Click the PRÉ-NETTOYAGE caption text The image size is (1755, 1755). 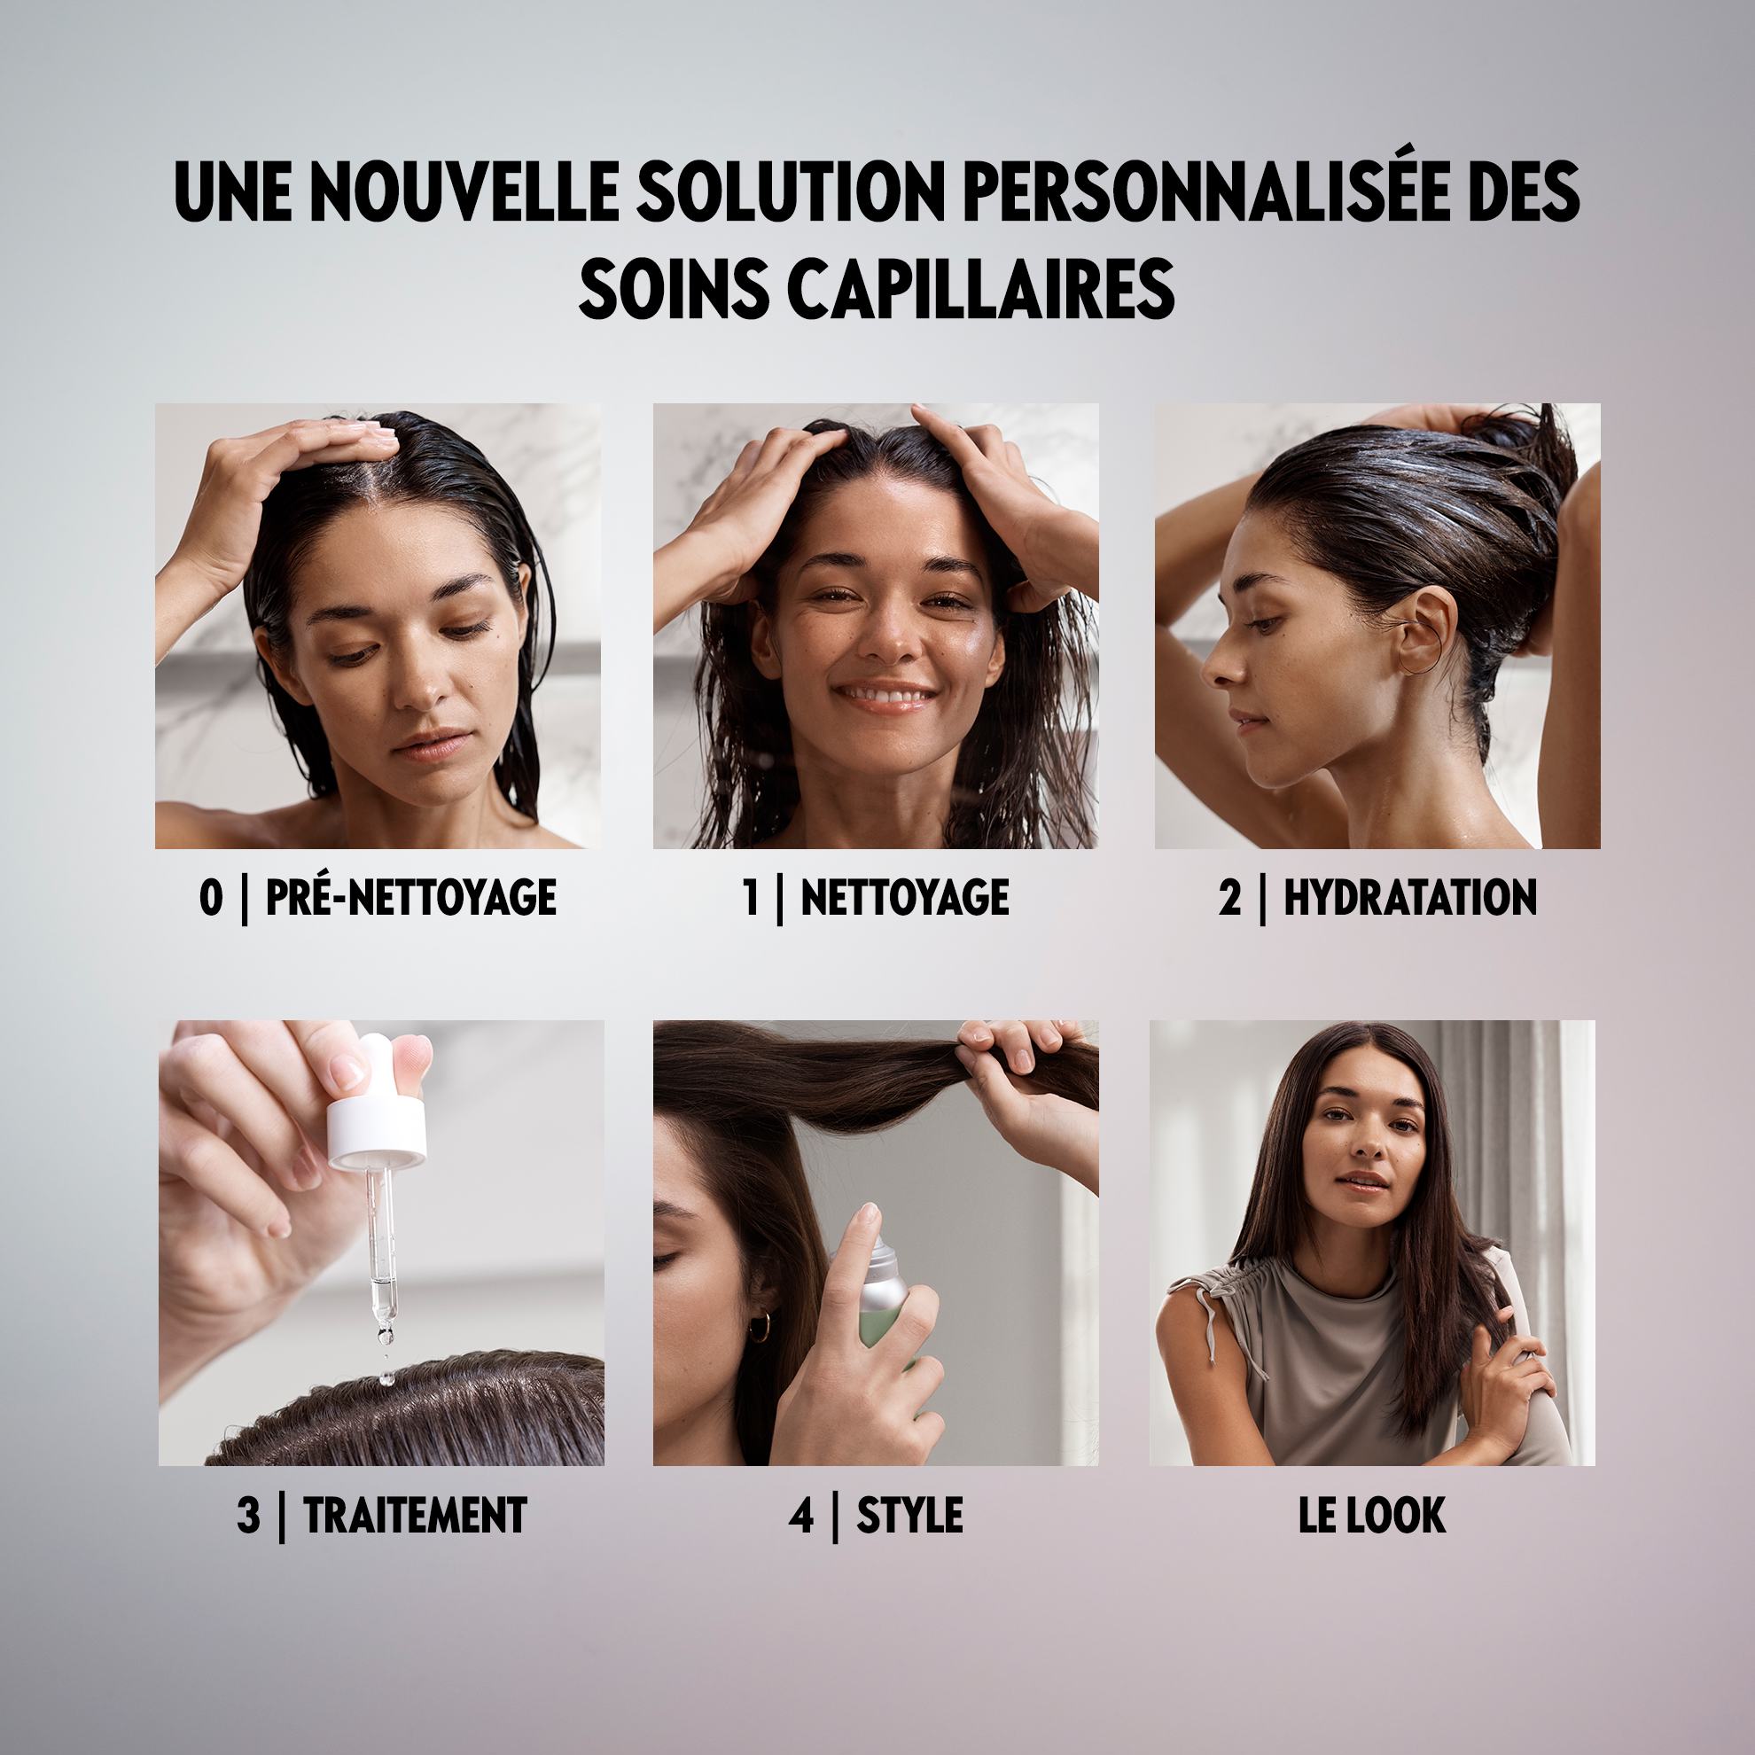409,898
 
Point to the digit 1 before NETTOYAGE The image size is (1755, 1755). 751,898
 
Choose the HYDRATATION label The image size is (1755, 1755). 1410,898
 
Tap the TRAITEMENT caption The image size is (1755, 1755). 415,1515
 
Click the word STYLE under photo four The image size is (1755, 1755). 909,1515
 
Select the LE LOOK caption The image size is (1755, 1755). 1372,1515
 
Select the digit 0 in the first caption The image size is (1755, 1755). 210,898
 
